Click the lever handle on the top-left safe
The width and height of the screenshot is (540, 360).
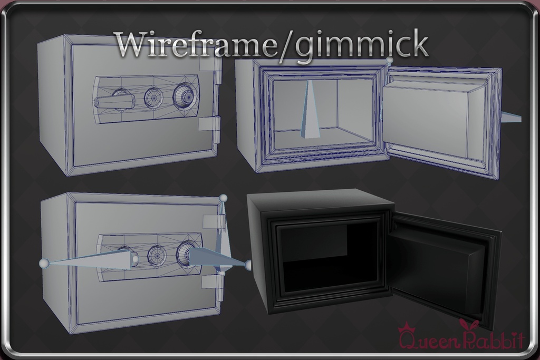click(114, 102)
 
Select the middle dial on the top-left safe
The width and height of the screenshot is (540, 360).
click(153, 98)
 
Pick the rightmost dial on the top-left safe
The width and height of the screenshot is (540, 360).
click(184, 93)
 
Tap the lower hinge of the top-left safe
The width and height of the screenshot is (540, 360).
click(209, 126)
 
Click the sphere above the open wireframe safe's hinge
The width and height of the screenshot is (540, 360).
click(390, 60)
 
